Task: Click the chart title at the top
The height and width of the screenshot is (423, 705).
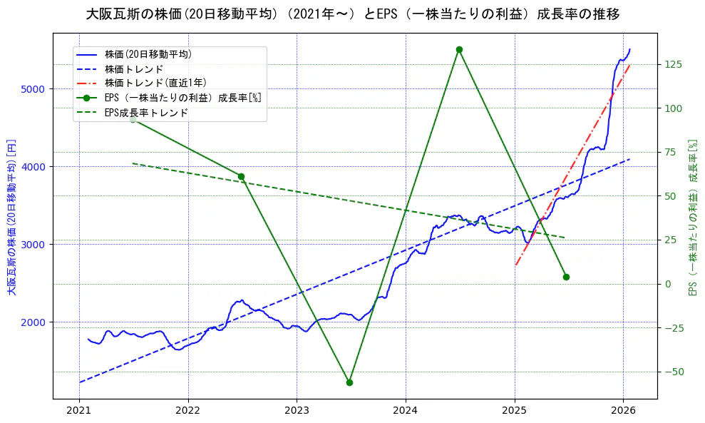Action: (352, 14)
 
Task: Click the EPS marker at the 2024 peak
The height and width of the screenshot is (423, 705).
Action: (459, 49)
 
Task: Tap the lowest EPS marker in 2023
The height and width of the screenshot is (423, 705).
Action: (349, 382)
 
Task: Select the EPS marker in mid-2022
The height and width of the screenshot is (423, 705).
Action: (241, 176)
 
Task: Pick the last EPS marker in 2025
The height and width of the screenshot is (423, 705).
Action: (566, 277)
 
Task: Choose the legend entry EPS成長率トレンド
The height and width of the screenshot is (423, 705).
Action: (146, 112)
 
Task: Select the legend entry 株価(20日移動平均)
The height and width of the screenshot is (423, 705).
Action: (148, 54)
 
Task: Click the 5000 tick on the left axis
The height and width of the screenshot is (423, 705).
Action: (33, 89)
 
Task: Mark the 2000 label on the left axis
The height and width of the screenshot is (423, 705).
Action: (33, 322)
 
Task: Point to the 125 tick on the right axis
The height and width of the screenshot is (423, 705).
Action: (674, 64)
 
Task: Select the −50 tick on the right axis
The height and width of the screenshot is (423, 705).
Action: (674, 372)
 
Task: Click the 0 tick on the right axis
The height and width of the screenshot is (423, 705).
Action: (667, 284)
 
